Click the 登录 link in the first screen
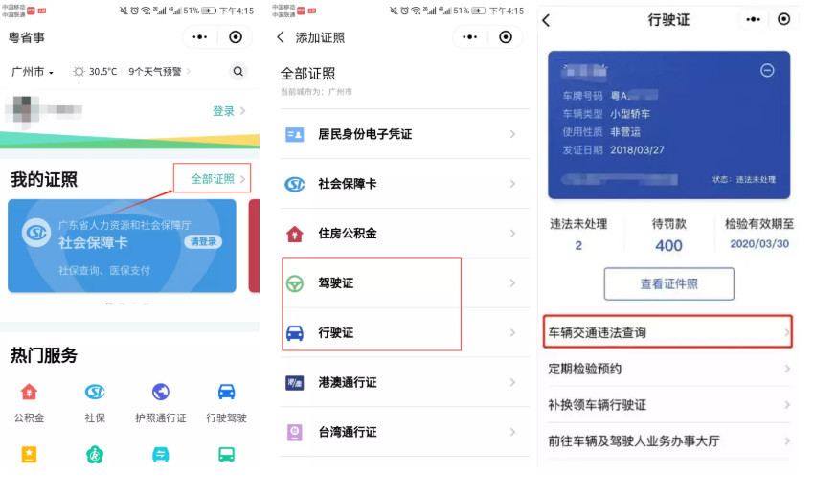224,111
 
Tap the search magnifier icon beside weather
237,72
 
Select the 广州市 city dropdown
33,72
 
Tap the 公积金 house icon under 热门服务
29,392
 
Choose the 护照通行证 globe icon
160,392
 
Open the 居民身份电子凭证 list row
403,135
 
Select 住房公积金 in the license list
403,234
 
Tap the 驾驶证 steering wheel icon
295,283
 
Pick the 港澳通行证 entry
403,383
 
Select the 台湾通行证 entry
403,432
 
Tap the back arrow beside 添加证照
281,37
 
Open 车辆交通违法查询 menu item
667,332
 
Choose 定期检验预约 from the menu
667,369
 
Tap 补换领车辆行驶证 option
667,405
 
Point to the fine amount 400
668,245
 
